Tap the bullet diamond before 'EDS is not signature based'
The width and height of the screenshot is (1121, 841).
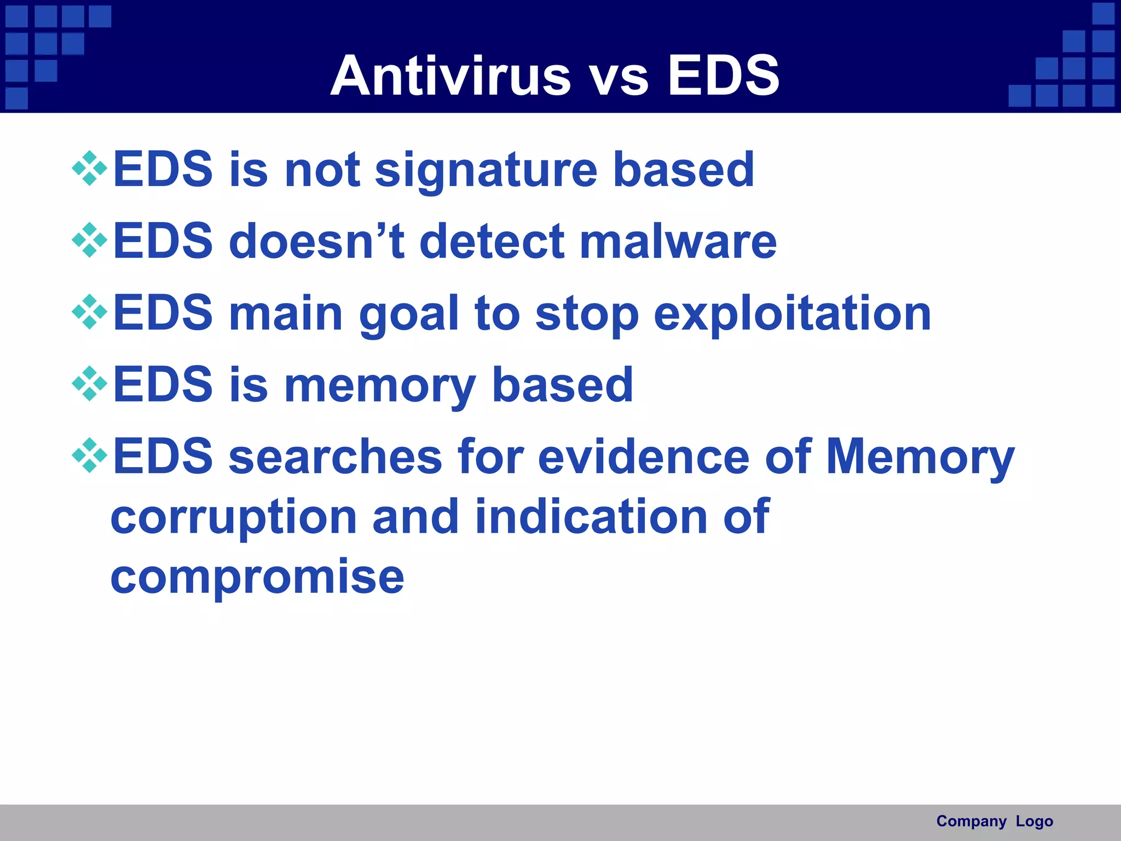pyautogui.click(x=89, y=168)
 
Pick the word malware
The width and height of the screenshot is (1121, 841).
pyautogui.click(x=678, y=241)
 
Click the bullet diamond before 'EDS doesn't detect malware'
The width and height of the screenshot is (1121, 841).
pyautogui.click(x=89, y=240)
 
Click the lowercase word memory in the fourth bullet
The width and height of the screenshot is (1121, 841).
pyautogui.click(x=379, y=385)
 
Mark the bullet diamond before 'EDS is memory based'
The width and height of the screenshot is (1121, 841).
pyautogui.click(x=89, y=384)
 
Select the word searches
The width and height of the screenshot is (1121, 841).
pyautogui.click(x=335, y=457)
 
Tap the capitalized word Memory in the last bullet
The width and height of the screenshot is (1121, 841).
pyautogui.click(x=920, y=457)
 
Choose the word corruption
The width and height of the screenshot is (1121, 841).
pyautogui.click(x=234, y=517)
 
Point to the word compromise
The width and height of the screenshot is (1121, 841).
pyautogui.click(x=257, y=578)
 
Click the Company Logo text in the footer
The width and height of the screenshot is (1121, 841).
pyautogui.click(x=995, y=821)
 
